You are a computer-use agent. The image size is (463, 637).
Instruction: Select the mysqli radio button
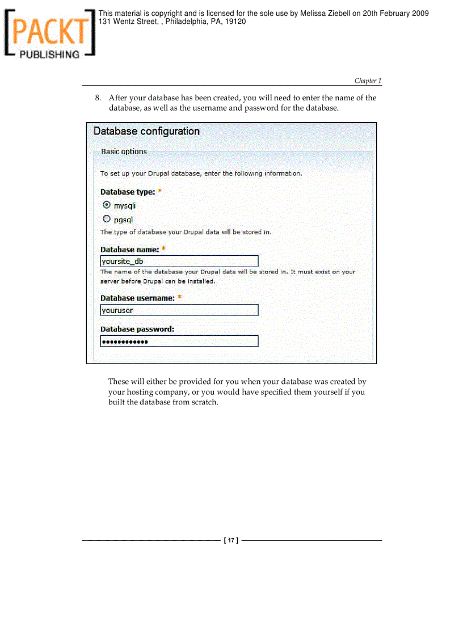coord(107,205)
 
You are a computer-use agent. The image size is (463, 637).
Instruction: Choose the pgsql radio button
coord(107,219)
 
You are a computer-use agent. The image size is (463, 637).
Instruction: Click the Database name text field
coord(179,261)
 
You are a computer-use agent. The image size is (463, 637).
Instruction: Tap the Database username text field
coord(179,310)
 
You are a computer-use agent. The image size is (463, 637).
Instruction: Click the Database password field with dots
coord(179,341)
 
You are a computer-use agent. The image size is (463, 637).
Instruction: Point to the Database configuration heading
coord(146,131)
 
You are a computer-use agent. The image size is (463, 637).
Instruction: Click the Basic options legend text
coord(124,151)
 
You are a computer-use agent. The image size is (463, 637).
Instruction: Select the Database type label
coord(128,192)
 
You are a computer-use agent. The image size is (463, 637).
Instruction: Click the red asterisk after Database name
coord(164,248)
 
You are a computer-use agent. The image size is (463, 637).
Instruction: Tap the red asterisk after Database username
coord(179,297)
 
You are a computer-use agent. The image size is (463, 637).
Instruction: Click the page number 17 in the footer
coord(231,541)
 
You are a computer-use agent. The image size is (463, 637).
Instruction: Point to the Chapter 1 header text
coord(368,81)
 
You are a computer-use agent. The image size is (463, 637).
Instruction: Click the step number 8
coord(98,98)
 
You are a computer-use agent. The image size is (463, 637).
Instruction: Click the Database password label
coord(137,329)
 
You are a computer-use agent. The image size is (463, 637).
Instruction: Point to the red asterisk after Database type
coord(160,191)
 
